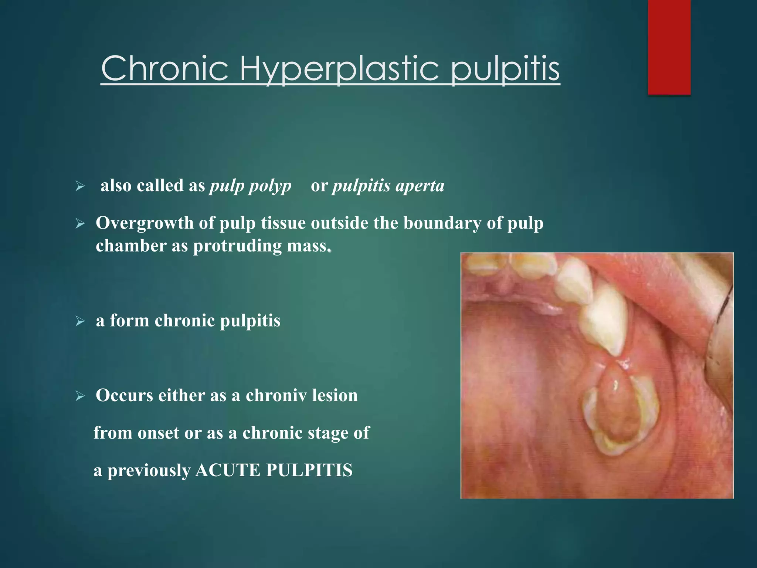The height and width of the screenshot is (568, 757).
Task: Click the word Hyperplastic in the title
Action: [339, 69]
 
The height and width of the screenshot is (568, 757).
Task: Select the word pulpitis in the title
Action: [505, 69]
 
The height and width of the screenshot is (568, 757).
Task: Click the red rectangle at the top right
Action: [669, 47]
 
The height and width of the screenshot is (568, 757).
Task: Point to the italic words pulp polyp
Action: [250, 186]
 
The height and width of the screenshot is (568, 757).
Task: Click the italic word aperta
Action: [420, 186]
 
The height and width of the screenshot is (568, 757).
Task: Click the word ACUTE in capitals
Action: [228, 470]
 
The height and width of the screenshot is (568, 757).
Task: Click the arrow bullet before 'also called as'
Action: [80, 186]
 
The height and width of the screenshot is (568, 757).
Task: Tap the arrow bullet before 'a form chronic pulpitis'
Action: [80, 321]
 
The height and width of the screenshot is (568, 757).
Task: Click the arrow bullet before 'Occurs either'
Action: [80, 396]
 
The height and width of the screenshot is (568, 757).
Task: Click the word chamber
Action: [130, 246]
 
